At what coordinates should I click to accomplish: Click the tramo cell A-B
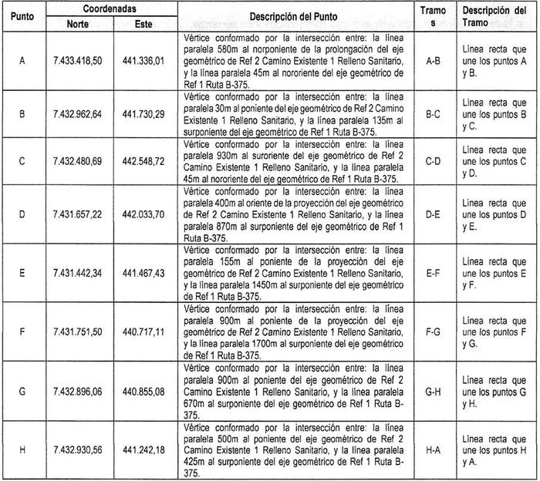[x=433, y=59]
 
